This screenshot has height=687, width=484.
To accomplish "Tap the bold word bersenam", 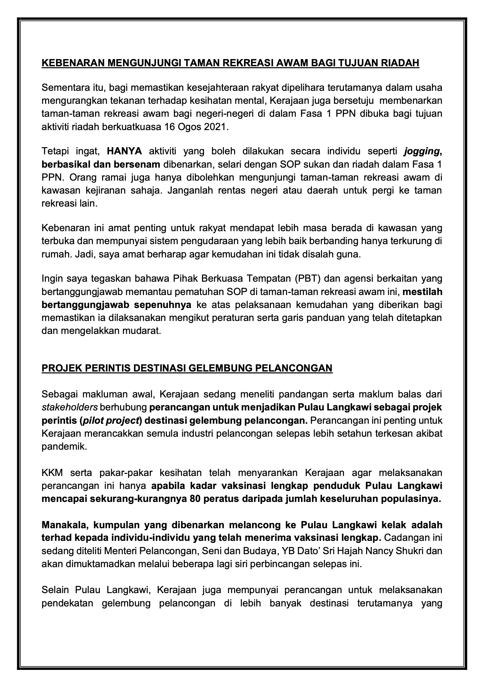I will [x=140, y=165].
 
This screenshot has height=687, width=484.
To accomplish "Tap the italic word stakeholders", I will [x=70, y=407].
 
